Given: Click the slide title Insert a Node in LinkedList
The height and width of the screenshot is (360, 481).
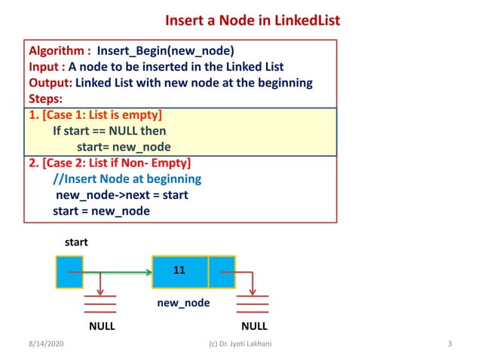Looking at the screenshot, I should click(252, 19).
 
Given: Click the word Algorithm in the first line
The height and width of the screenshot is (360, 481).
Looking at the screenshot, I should click(57, 51).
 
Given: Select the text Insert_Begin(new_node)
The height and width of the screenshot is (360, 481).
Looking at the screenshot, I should click(165, 51).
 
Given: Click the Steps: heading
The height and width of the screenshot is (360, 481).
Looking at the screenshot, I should click(47, 98).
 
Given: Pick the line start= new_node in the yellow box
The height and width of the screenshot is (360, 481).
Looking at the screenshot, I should click(124, 146).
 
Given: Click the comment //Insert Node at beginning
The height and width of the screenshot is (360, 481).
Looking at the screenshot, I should click(127, 178).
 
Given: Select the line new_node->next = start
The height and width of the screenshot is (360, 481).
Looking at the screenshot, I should click(121, 195).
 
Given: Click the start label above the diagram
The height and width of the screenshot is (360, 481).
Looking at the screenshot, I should click(75, 243).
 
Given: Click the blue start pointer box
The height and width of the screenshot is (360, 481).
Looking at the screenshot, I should click(69, 272).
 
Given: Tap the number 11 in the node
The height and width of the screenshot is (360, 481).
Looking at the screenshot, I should click(179, 269).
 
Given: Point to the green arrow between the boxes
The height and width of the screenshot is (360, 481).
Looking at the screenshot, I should click(117, 272).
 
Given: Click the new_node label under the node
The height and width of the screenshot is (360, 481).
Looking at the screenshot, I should click(183, 303).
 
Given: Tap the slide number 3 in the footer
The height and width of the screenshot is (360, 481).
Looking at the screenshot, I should click(449, 344).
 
